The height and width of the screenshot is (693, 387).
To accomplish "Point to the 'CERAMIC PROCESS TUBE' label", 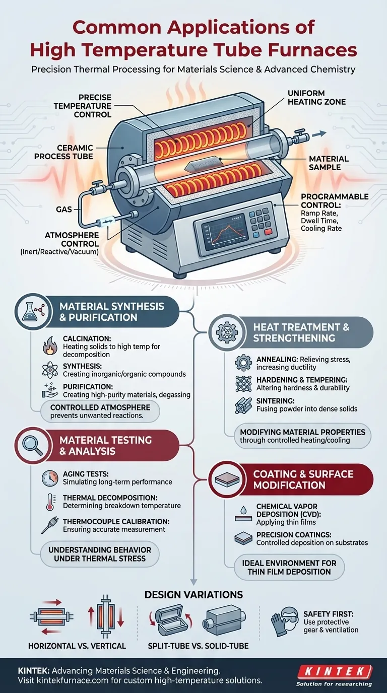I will click(64, 152).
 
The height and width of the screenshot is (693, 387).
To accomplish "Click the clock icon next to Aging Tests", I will click(51, 477).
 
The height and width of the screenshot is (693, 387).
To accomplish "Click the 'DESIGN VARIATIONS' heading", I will click(193, 595).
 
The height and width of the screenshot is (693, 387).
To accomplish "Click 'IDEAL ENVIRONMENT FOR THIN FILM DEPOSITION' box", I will click(289, 567).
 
